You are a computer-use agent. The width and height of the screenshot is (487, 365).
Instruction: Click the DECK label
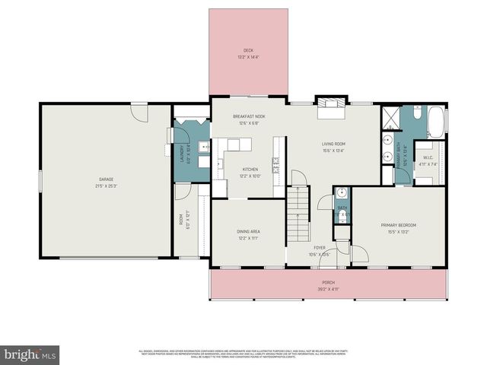(247, 51)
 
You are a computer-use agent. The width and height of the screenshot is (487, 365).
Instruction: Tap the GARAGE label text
(106, 179)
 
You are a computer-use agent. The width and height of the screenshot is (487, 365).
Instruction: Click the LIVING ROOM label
(333, 144)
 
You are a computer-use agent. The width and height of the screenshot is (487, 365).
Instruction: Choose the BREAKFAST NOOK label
(249, 116)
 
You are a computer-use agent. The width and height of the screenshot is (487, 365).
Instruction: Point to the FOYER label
(320, 248)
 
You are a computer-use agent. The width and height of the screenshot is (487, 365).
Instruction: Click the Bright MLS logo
(30, 355)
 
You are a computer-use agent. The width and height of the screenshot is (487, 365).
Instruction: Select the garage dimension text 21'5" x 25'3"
(106, 186)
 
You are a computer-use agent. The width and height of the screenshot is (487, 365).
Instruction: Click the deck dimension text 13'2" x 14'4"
(247, 57)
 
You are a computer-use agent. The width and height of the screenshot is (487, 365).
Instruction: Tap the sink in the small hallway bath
(342, 192)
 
